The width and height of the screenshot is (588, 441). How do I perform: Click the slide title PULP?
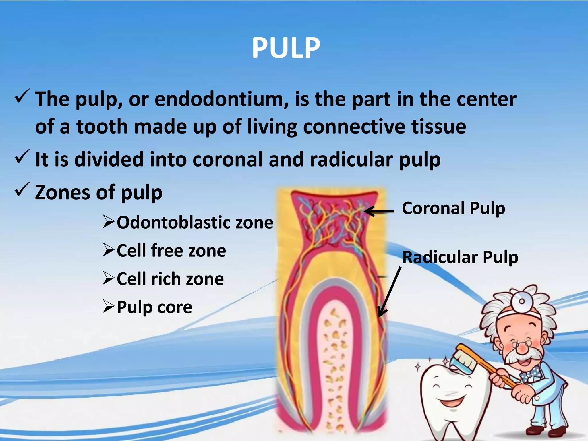286,48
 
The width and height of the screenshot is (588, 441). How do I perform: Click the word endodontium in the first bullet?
221,99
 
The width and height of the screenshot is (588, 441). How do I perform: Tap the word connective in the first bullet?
354,127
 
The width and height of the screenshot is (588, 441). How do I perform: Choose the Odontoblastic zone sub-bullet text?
195,223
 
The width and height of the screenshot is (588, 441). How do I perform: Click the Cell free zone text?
171,251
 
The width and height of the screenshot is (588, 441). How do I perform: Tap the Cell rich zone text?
170,279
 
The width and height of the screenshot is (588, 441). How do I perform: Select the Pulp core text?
154,307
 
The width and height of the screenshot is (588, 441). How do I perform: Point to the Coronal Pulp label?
453,208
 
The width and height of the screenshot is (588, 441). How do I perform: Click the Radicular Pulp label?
460,257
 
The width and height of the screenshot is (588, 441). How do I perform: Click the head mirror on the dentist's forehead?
522,301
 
